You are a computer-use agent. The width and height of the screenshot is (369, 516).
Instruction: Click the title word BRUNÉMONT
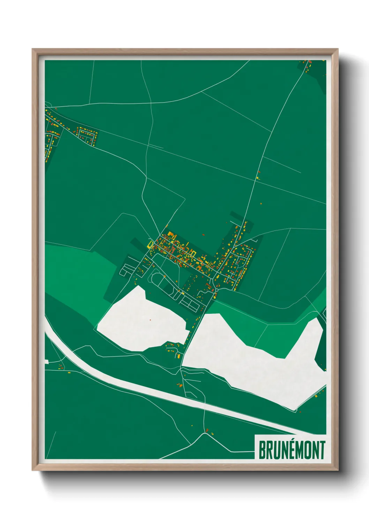point(292,450)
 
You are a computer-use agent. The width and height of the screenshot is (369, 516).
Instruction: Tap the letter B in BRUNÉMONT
point(262,450)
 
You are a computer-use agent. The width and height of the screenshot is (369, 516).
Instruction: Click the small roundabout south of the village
point(217,290)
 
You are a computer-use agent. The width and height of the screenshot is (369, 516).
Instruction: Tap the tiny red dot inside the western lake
point(150,319)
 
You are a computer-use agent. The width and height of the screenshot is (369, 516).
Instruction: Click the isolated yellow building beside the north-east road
point(258,178)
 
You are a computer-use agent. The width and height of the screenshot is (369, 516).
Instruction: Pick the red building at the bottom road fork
point(207,431)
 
